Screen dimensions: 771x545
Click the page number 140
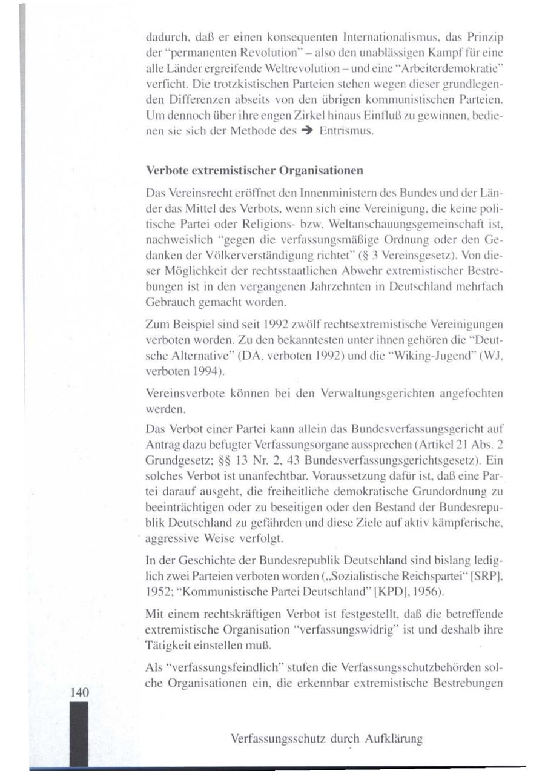tap(79, 692)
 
